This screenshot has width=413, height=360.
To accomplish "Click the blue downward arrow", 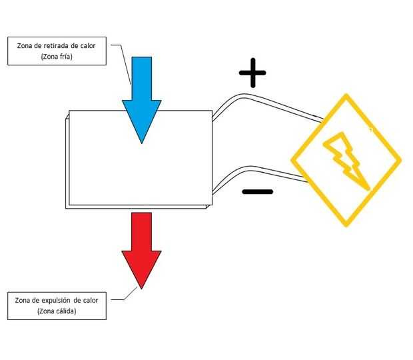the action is pos(141,93).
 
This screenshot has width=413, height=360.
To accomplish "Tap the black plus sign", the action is pos(252,75).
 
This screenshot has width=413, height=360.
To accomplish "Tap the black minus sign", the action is pos(257,192).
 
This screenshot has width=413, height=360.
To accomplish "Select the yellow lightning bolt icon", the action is pos(345,160).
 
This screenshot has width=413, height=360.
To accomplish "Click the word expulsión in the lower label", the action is pos(59,301).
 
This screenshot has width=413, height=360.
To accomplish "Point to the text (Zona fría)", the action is pos(57,57).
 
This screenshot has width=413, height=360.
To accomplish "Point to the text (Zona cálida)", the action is pos(57,312).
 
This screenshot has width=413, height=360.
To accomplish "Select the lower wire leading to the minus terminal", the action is pos(266,171).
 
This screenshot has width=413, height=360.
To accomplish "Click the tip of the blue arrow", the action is pos(141,142).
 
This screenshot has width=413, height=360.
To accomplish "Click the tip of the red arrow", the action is pos(141,287).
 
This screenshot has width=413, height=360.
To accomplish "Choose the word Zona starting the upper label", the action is pos(21,46).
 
